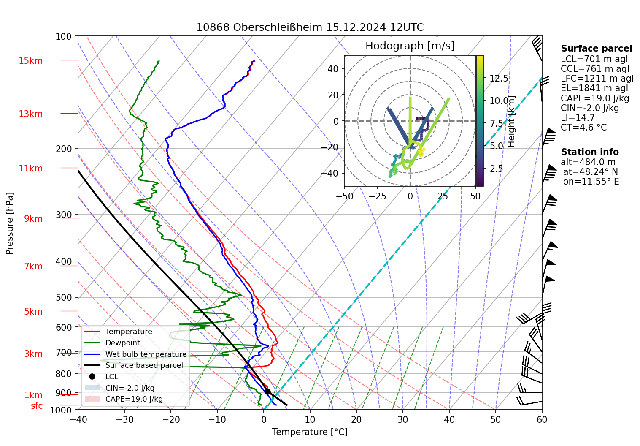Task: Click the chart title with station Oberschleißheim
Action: point(310,27)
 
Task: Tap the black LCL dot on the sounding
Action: point(267,392)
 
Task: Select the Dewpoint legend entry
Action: point(122,343)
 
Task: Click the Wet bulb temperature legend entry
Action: point(146,354)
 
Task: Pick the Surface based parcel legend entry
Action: point(144,365)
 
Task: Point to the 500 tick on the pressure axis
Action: point(64,297)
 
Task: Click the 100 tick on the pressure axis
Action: point(64,37)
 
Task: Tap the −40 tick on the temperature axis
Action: point(78,419)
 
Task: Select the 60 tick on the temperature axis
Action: point(542,419)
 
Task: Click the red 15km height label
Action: point(31,61)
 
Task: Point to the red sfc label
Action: point(37,406)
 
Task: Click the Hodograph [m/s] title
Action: point(410,46)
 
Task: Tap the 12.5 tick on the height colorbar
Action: point(499,79)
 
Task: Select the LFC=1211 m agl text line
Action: point(597,79)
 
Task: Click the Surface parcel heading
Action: point(596,49)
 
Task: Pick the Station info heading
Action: point(589,152)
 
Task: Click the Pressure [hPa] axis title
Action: point(10,223)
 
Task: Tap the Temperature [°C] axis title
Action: point(310,432)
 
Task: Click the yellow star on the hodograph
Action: point(421,151)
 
